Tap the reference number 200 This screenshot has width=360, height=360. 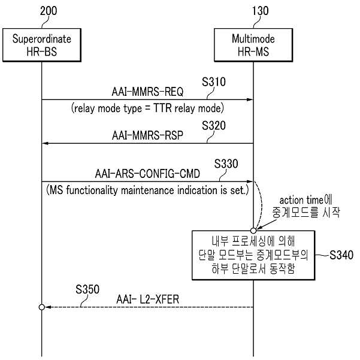pyautogui.click(x=49, y=11)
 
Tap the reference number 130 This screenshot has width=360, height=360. pyautogui.click(x=260, y=11)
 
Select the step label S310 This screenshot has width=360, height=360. pyautogui.click(x=214, y=81)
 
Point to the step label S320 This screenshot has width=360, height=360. pyautogui.click(x=214, y=125)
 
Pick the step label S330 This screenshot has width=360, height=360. pyautogui.click(x=226, y=164)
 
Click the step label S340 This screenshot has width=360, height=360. pyautogui.click(x=341, y=255)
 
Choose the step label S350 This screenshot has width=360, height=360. pyautogui.click(x=87, y=289)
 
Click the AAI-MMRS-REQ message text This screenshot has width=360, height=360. pyautogui.click(x=147, y=92)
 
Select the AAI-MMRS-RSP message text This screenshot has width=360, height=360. pyautogui.click(x=147, y=135)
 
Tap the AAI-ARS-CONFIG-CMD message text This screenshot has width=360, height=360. pyautogui.click(x=147, y=174)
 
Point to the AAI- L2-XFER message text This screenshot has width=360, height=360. pyautogui.click(x=147, y=300)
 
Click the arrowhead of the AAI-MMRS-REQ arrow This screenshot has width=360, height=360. pyautogui.click(x=250, y=99)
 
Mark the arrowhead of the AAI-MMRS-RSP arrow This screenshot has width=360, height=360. pyautogui.click(x=46, y=143)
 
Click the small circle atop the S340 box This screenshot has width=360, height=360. pyautogui.click(x=253, y=230)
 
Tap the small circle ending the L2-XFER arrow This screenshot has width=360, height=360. pyautogui.click(x=42, y=307)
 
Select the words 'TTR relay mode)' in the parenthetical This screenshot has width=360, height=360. pyautogui.click(x=189, y=108)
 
